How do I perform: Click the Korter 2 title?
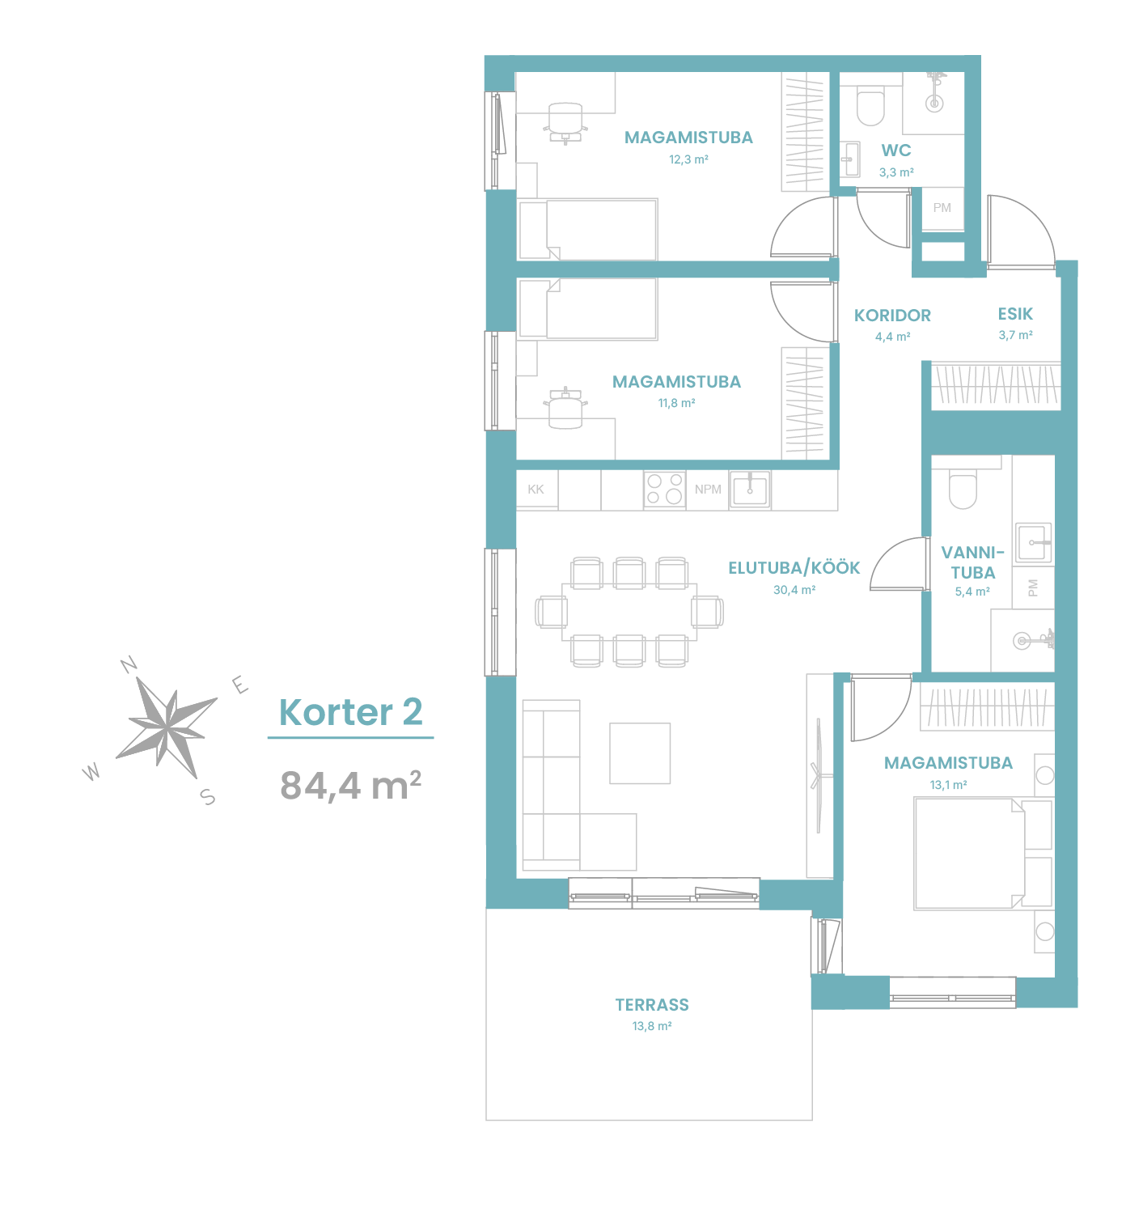[x=350, y=712]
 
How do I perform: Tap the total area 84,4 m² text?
[x=350, y=786]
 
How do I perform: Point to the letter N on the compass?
[x=129, y=664]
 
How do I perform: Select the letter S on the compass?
[x=208, y=796]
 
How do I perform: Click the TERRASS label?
[x=652, y=1005]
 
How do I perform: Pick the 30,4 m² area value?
[x=794, y=590]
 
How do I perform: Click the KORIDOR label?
[x=892, y=316]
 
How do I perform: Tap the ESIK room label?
[x=1015, y=314]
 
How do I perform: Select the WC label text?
[x=896, y=151]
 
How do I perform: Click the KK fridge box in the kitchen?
[x=537, y=490]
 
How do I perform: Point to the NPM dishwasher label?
[x=708, y=490]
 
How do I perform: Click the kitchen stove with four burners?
[x=664, y=490]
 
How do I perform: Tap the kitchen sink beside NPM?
[x=750, y=490]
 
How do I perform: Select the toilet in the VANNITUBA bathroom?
[x=963, y=489]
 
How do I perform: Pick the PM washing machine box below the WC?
[x=942, y=209]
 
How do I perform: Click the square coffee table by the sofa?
[x=640, y=753]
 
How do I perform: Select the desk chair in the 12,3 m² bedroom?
[x=565, y=123]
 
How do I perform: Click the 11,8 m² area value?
[x=676, y=403]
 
